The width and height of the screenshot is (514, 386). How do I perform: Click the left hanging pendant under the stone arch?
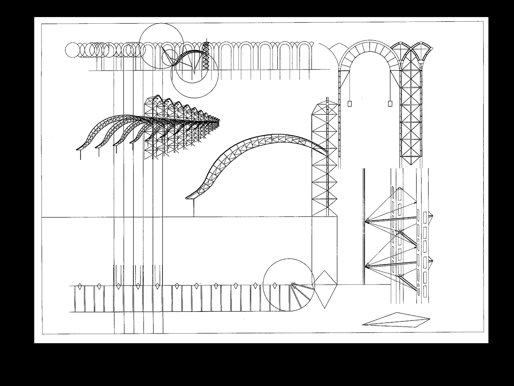click(x=349, y=104)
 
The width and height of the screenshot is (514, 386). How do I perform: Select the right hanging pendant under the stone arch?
click(x=390, y=104)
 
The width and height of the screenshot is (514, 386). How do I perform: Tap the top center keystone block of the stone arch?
click(x=369, y=46)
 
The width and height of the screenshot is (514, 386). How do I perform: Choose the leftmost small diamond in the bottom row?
click(x=80, y=286)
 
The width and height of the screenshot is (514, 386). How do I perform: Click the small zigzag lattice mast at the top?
click(x=206, y=57)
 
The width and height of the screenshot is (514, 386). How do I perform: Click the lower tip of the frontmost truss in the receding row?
click(x=77, y=150)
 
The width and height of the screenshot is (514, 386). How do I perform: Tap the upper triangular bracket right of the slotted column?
click(x=431, y=216)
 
